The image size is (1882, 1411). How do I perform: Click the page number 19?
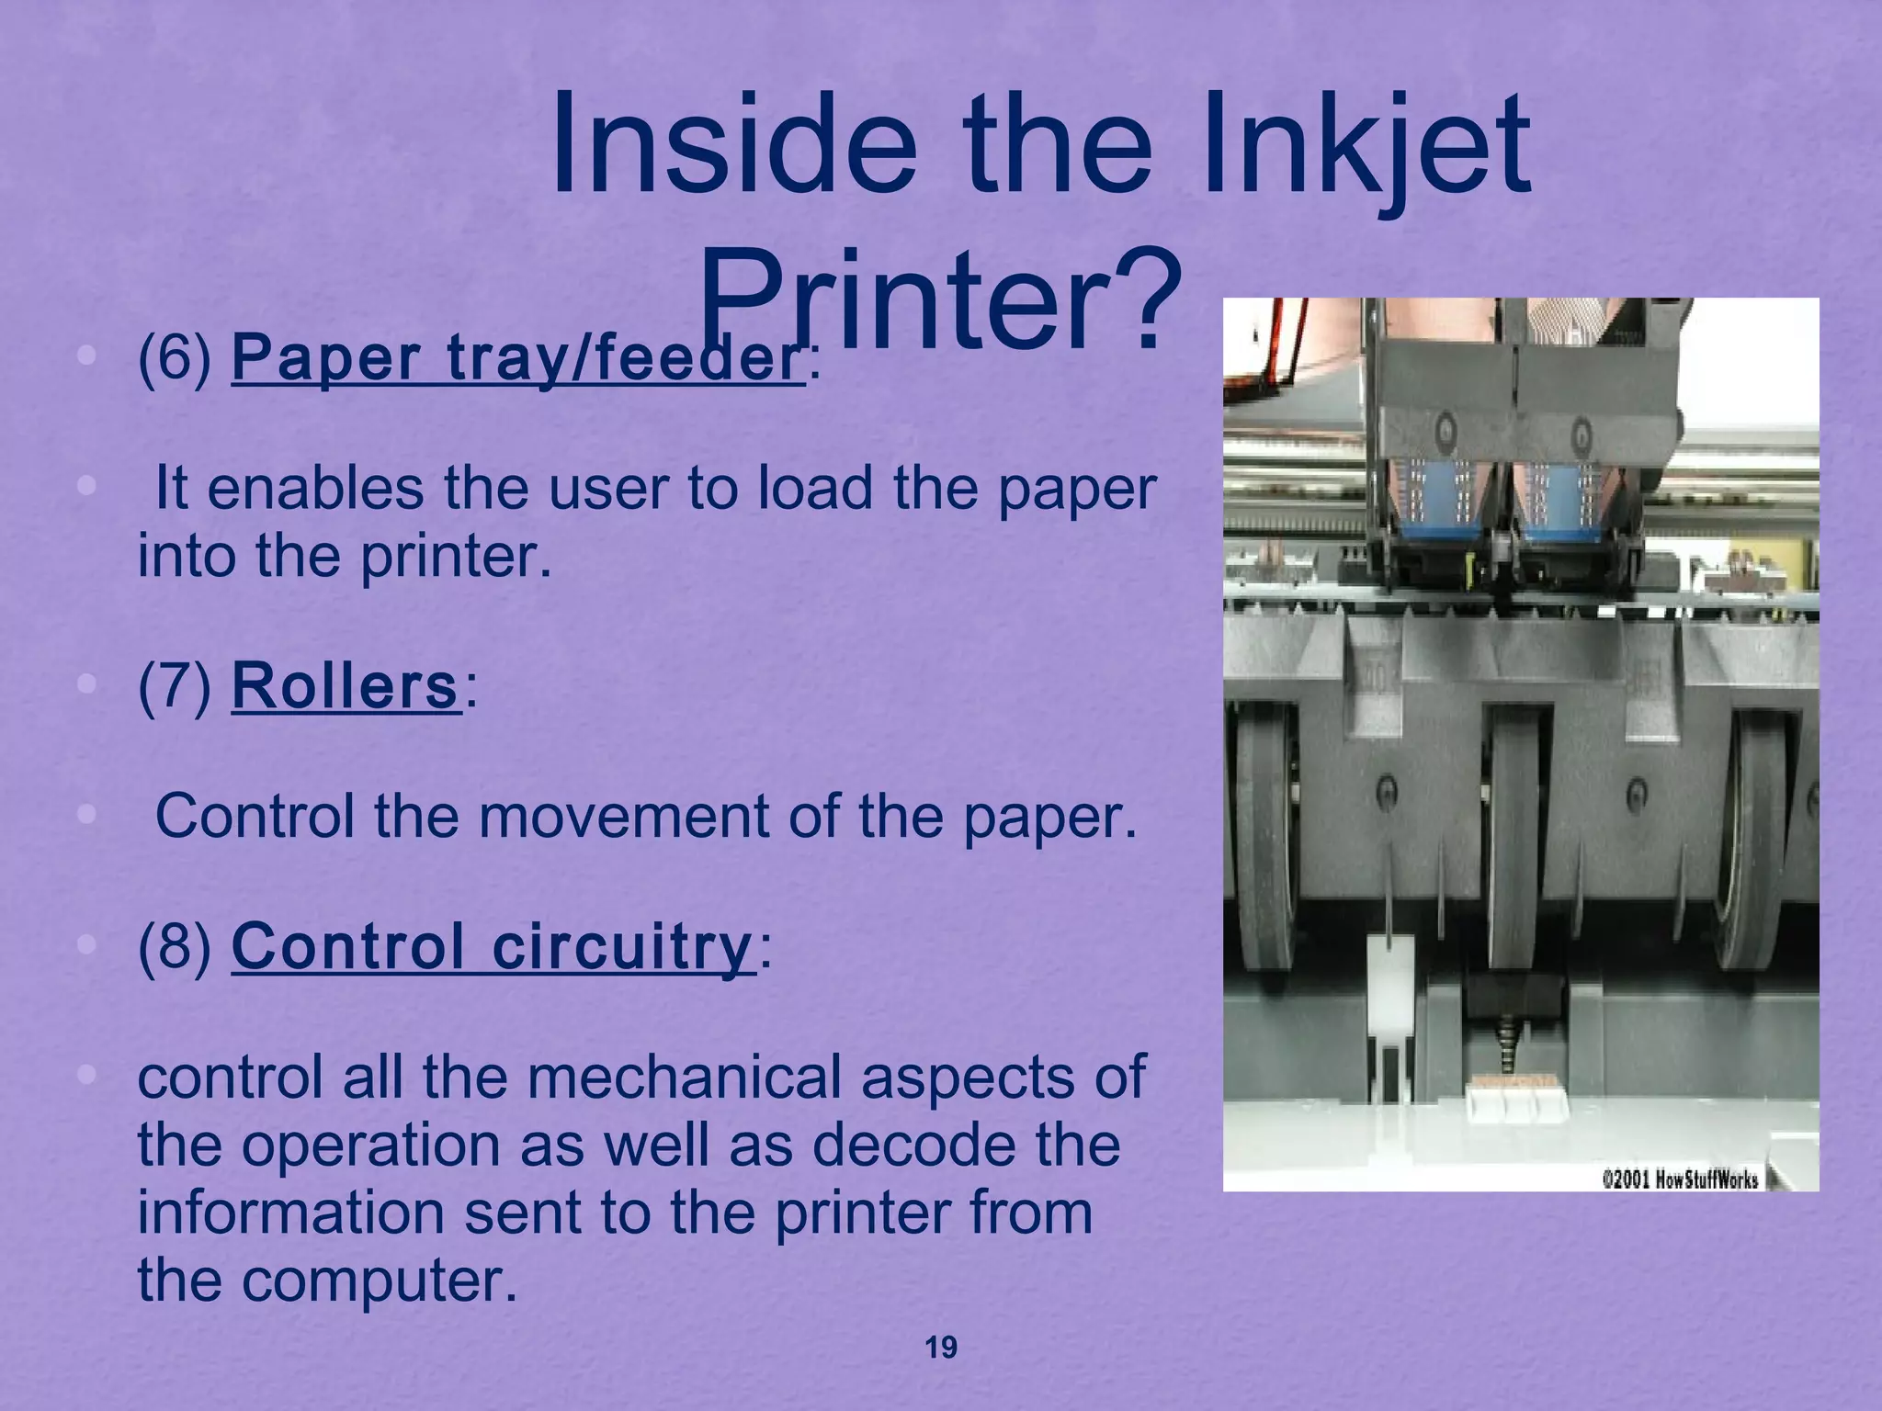click(x=940, y=1348)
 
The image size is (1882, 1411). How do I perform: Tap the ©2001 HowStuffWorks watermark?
click(x=1680, y=1180)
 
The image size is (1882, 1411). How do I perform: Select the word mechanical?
click(x=685, y=1077)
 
